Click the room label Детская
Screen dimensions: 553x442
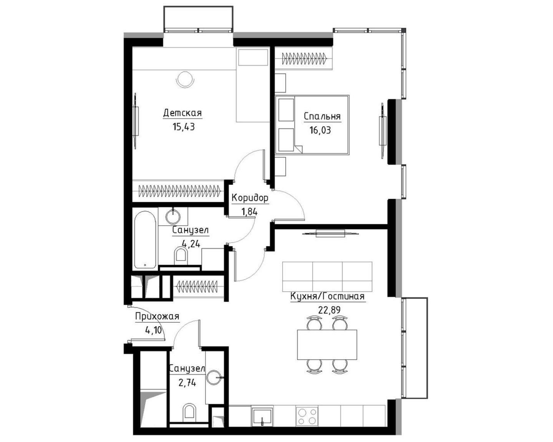click(x=183, y=113)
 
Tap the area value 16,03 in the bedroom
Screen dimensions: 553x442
click(x=320, y=130)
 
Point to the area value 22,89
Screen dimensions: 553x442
click(x=329, y=310)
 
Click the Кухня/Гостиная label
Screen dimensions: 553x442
click(x=327, y=296)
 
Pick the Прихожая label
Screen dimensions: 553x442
click(x=157, y=317)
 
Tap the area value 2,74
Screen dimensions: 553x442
click(x=187, y=383)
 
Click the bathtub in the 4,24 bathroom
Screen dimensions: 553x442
click(x=145, y=240)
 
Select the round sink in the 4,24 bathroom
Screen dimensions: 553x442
click(x=173, y=217)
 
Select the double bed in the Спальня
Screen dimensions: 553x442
click(x=312, y=125)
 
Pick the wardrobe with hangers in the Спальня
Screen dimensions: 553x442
click(x=304, y=58)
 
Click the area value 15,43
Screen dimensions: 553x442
click(x=184, y=127)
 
